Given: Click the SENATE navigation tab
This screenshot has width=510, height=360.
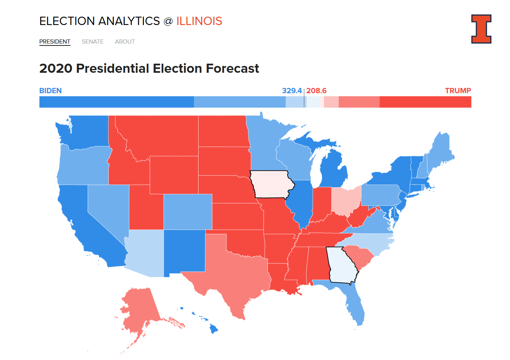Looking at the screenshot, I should pyautogui.click(x=92, y=42).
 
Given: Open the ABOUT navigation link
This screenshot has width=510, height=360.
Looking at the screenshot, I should pyautogui.click(x=125, y=42).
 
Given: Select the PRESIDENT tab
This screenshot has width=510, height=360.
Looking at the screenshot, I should pyautogui.click(x=55, y=42).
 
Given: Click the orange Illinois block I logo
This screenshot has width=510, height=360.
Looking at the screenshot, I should pyautogui.click(x=481, y=29).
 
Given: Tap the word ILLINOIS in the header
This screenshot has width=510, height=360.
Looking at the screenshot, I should pyautogui.click(x=199, y=21).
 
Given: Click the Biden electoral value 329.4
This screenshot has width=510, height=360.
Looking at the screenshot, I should pyautogui.click(x=292, y=91).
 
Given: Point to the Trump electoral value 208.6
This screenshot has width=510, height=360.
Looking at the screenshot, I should pyautogui.click(x=316, y=91).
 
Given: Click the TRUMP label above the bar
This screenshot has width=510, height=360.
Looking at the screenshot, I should pyautogui.click(x=458, y=91).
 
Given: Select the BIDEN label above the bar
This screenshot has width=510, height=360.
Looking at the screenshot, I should pyautogui.click(x=50, y=91).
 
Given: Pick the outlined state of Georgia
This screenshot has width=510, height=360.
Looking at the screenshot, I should pyautogui.click(x=342, y=265).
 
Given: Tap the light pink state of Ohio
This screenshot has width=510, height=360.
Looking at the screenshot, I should pyautogui.click(x=346, y=200).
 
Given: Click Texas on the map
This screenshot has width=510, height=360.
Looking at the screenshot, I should pyautogui.click(x=231, y=273).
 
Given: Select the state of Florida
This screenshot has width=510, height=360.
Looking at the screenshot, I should pyautogui.click(x=354, y=303).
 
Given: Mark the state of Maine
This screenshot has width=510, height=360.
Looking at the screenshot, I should pyautogui.click(x=440, y=152).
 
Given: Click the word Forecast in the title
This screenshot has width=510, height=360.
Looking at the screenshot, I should pyautogui.click(x=232, y=68).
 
